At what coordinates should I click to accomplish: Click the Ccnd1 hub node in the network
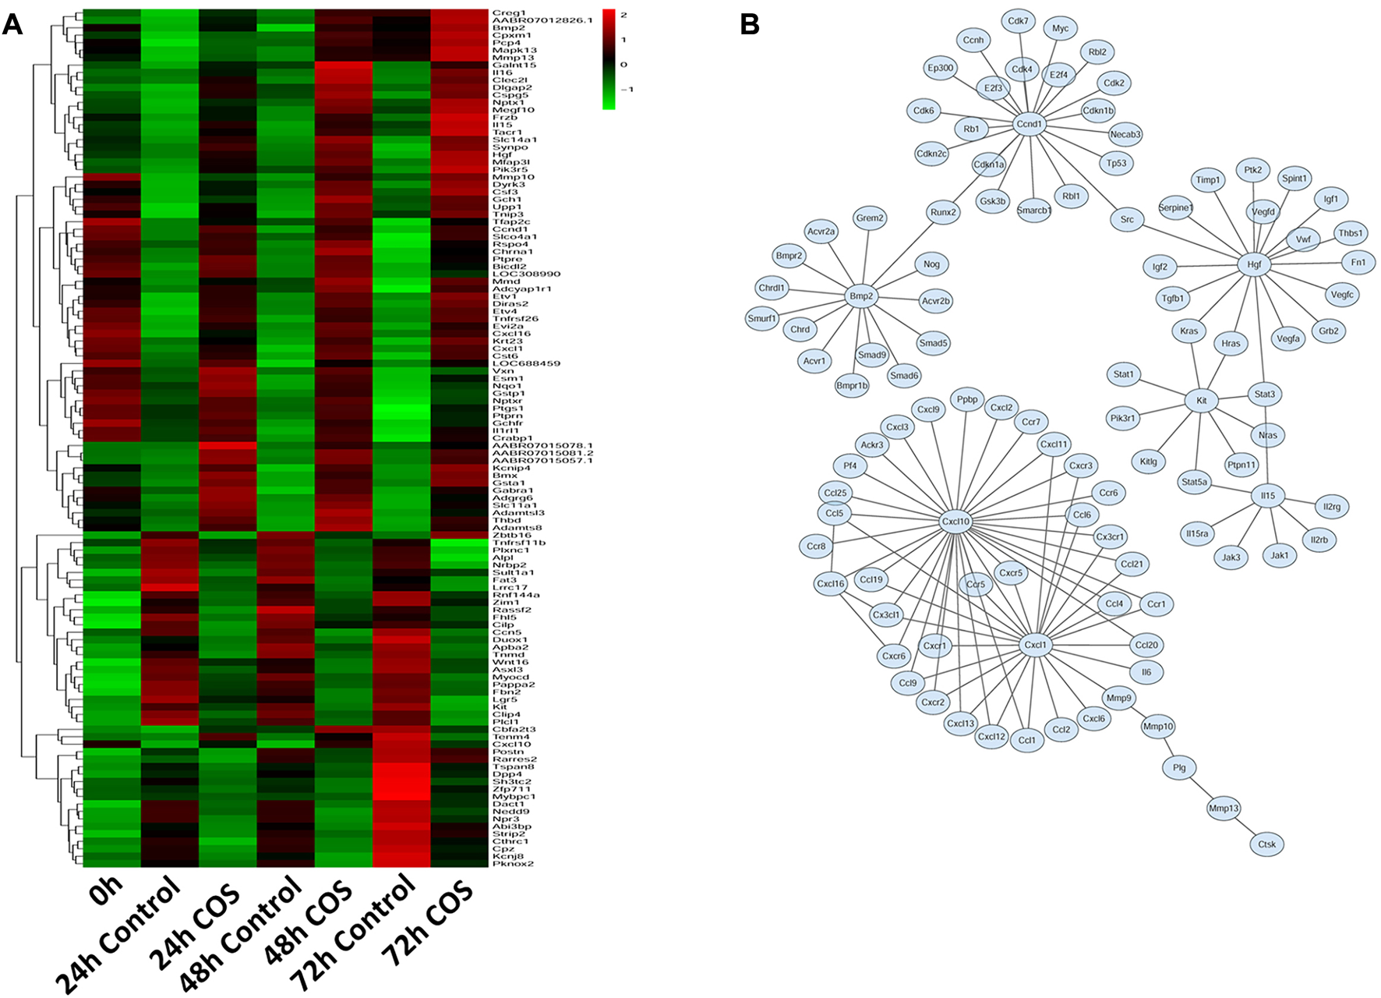coord(1029,124)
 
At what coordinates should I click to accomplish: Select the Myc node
coord(1060,29)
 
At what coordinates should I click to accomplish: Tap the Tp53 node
coord(1116,164)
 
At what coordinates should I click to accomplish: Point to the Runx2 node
coord(943,212)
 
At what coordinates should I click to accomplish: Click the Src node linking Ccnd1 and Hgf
coord(1127,220)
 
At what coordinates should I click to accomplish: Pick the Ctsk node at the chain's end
coord(1266,844)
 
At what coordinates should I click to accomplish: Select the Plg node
coord(1179,768)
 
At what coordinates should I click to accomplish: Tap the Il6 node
coord(1146,672)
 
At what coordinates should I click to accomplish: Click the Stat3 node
coord(1264,395)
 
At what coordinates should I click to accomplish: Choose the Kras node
coord(1189,331)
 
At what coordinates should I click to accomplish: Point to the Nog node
coord(931,264)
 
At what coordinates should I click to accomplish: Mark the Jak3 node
coord(1231,557)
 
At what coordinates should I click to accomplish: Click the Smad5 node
coord(933,343)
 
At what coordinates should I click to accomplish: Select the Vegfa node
coord(1287,339)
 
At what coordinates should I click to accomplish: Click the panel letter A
coord(12,25)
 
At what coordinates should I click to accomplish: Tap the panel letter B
coord(749,25)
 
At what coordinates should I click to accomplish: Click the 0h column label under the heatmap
coord(107,890)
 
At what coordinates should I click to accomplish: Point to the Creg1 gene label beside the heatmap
coord(509,13)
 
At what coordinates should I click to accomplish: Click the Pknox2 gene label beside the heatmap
coord(513,864)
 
